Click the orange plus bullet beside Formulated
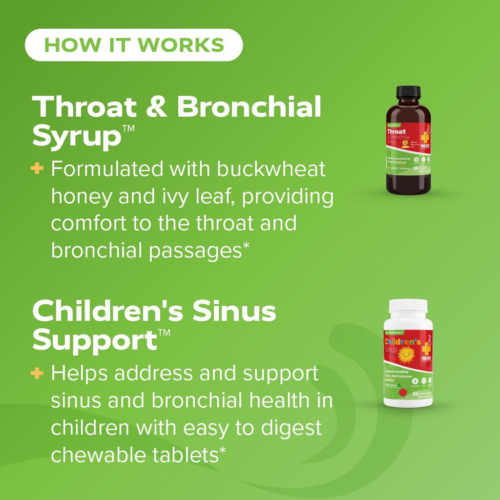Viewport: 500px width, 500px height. (37, 169)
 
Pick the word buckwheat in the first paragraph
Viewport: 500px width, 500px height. (271, 169)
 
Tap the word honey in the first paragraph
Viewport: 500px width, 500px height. (81, 197)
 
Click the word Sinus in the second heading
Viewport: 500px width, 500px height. (234, 311)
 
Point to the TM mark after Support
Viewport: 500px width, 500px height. (165, 334)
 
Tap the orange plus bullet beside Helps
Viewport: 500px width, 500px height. (37, 374)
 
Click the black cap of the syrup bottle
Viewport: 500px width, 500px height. (408, 92)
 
